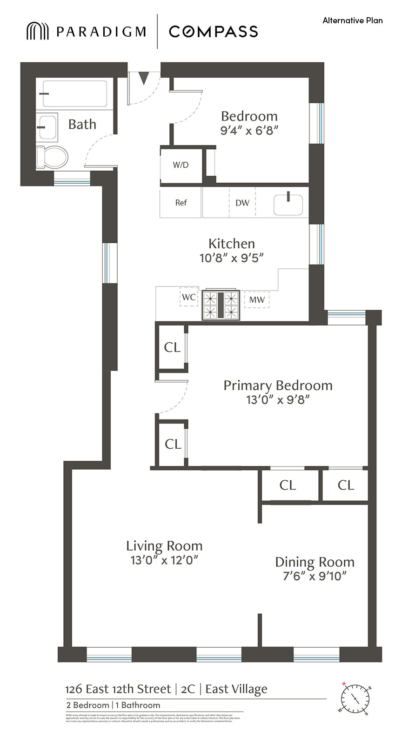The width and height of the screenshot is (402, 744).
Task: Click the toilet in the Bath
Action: tap(52, 157)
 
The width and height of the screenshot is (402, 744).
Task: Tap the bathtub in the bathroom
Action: tap(74, 94)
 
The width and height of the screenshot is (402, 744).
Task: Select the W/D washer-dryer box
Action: tap(181, 165)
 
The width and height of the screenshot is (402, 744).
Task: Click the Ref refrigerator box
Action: tap(181, 202)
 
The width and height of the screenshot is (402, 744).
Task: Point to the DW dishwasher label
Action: tap(242, 203)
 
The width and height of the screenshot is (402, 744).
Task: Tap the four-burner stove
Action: tap(221, 305)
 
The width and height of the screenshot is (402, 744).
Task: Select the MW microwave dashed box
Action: tap(257, 300)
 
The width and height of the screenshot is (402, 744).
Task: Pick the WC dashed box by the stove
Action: tap(189, 297)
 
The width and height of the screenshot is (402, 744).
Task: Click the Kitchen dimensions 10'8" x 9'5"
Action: tap(231, 258)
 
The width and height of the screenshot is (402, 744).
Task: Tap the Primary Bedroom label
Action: tap(278, 385)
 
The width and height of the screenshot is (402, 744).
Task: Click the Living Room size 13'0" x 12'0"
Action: tap(164, 560)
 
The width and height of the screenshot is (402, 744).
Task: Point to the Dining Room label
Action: tap(315, 562)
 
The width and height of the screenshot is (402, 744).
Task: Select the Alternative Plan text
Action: tap(352, 20)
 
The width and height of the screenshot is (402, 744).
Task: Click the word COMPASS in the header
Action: tap(213, 32)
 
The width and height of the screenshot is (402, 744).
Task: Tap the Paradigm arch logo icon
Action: tap(37, 31)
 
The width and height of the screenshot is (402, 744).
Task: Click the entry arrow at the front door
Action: tap(144, 78)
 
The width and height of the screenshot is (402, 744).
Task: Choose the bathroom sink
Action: tap(47, 127)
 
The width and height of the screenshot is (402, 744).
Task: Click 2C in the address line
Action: tap(188, 689)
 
